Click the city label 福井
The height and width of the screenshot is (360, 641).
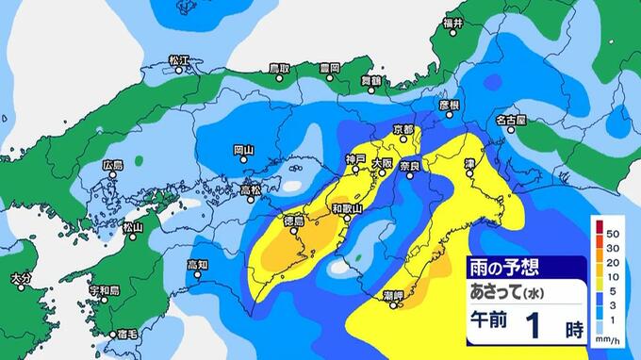(453, 21)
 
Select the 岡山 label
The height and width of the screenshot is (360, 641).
(243, 149)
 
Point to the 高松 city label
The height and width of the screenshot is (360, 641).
(250, 188)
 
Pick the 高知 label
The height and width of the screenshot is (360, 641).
(197, 265)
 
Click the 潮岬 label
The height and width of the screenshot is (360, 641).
(395, 296)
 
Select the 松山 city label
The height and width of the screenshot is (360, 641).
(133, 226)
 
